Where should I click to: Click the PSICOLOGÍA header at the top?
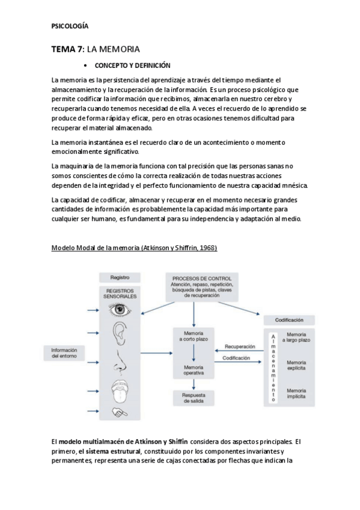tap(70, 27)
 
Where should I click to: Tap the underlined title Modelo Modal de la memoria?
tap(134, 248)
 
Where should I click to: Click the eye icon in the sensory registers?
tap(120, 310)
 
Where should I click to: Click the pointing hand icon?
tap(120, 413)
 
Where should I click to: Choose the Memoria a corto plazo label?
tap(194, 337)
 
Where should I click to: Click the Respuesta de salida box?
tap(194, 398)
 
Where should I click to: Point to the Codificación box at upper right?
tap(289, 321)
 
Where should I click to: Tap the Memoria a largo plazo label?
tap(299, 337)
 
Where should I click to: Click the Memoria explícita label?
tap(299, 366)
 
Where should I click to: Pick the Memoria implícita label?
tap(299, 393)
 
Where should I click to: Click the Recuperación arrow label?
tap(239, 346)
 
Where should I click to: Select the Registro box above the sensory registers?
tap(120, 278)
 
